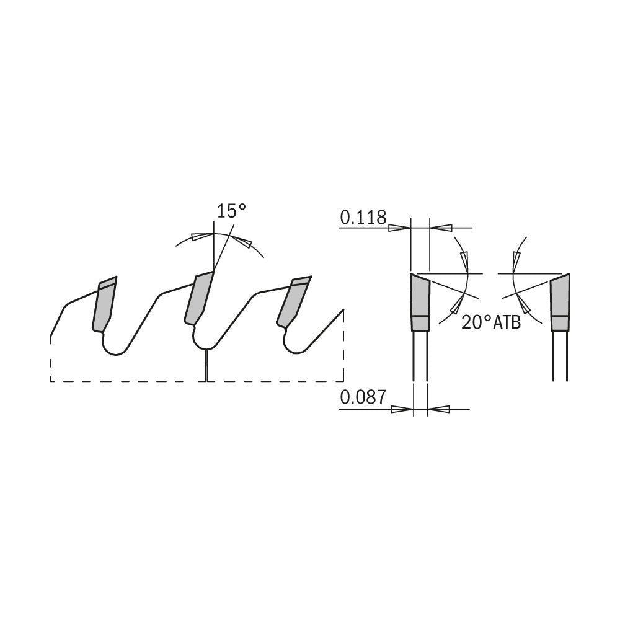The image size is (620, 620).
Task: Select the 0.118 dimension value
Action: click(x=363, y=218)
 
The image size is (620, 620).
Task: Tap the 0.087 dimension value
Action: click(x=363, y=397)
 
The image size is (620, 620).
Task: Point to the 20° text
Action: click(x=476, y=322)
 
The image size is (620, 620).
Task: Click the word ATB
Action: click(x=507, y=323)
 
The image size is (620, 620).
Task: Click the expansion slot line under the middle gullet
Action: click(x=206, y=366)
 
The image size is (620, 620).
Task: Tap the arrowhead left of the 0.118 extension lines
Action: click(x=399, y=228)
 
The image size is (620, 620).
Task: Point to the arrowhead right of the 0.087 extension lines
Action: click(x=438, y=409)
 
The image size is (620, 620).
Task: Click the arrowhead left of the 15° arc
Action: click(x=200, y=237)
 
